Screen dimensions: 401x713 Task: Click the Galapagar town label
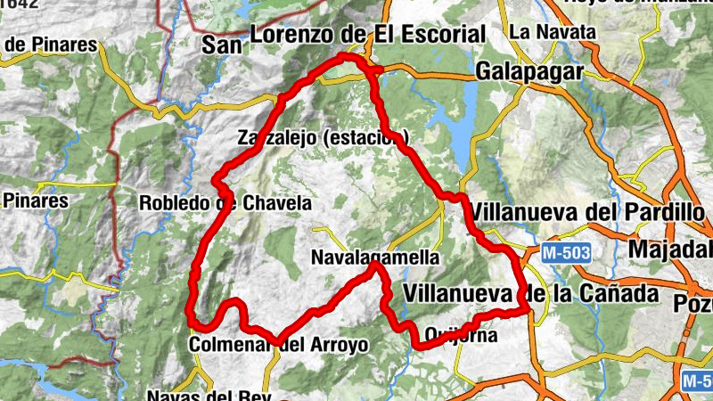(x=529, y=71)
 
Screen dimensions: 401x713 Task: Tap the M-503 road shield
(x=566, y=253)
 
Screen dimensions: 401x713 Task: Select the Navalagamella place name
(x=375, y=258)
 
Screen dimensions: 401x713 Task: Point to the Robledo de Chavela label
(x=225, y=203)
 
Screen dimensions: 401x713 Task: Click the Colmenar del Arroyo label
(x=279, y=345)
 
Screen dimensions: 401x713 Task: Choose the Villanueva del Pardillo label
(x=591, y=212)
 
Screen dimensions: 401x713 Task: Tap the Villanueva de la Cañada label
(x=530, y=293)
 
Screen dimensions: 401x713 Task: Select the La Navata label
(x=553, y=32)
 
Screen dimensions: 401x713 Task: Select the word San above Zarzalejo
(x=223, y=44)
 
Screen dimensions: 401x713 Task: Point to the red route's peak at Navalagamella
(x=376, y=265)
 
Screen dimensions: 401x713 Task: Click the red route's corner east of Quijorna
(x=526, y=310)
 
